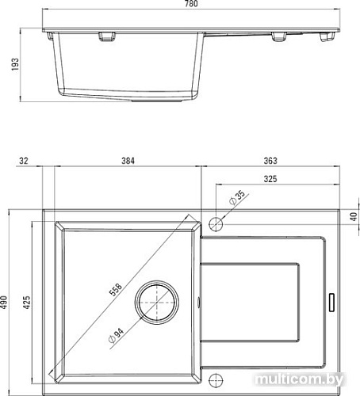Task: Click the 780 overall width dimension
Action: click(188, 5)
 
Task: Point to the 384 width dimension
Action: click(128, 162)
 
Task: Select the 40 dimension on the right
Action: click(354, 217)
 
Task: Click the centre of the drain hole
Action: click(155, 302)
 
